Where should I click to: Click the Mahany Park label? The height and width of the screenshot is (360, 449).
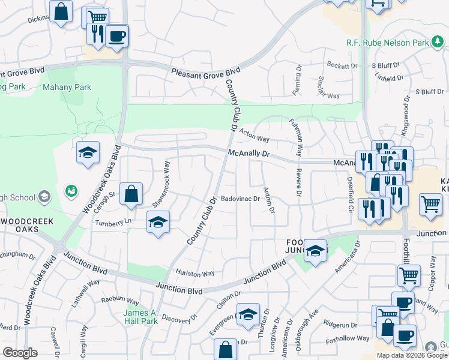[67, 87]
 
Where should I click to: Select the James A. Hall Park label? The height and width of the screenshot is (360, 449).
[140, 317]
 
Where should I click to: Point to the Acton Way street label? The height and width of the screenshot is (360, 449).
[254, 135]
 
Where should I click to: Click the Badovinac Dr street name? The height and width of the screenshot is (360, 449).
[240, 199]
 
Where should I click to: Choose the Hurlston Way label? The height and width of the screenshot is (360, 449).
[194, 273]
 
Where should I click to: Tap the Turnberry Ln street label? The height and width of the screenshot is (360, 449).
[112, 223]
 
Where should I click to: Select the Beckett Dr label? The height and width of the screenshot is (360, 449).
[342, 65]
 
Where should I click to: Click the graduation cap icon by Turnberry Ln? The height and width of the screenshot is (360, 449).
[158, 221]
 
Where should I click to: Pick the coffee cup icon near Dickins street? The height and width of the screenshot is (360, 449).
[116, 36]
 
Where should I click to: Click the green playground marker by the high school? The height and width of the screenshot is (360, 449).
[71, 191]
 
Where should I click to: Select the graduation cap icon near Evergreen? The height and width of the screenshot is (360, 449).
[248, 314]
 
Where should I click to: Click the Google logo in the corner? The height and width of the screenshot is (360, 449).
[20, 353]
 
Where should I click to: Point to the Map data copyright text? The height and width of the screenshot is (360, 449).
[412, 355]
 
